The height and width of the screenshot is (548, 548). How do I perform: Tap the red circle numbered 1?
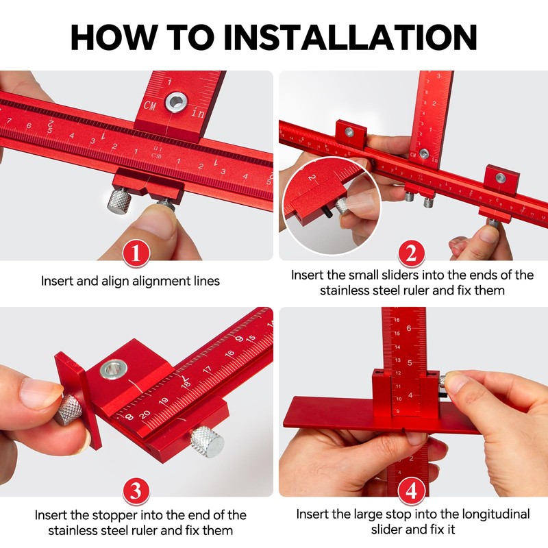[x=137, y=254]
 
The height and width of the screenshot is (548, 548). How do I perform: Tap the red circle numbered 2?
[x=410, y=254]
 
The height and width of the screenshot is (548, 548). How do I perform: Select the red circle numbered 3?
[x=137, y=490]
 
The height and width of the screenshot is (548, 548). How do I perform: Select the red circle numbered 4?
[x=410, y=490]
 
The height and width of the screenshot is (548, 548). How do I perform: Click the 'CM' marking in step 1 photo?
[x=150, y=105]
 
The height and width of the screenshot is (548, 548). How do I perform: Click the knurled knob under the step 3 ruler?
[x=207, y=441]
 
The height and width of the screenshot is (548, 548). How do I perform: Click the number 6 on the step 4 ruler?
[x=410, y=329]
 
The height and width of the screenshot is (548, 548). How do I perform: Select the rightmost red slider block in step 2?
[x=501, y=179]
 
